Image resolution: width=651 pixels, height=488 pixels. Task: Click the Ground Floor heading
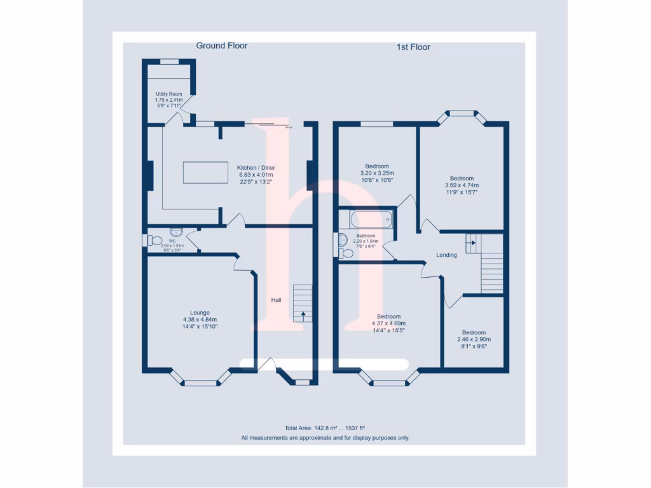221,46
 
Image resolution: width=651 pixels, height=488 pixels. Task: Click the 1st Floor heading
413,47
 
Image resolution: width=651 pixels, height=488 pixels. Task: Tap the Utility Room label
169,94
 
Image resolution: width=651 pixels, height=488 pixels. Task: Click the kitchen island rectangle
205,172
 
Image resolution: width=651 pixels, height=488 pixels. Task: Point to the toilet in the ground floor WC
155,241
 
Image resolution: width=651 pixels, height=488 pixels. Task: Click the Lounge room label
200,313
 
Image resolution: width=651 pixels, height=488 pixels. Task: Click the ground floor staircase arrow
303,314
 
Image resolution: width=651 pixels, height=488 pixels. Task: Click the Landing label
446,255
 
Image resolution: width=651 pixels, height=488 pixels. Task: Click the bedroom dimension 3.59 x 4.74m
462,186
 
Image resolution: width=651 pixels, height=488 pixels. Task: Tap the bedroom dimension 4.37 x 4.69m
388,323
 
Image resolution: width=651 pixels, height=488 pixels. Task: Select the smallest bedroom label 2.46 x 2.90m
474,339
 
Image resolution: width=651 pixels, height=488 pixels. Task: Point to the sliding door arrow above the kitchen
289,128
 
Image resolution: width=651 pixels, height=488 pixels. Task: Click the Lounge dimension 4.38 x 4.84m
200,320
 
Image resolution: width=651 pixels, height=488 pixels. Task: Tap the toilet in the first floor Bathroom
346,254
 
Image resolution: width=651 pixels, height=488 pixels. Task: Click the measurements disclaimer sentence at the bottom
325,438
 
